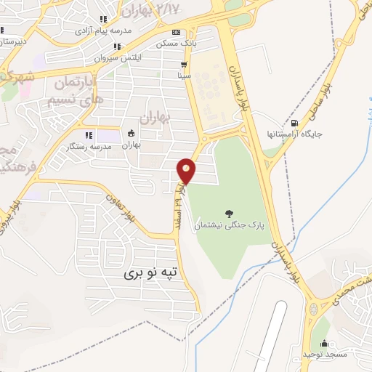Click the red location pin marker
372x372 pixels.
(x=187, y=170)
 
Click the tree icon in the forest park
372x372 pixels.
(x=230, y=214)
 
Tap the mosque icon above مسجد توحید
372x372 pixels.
(x=324, y=344)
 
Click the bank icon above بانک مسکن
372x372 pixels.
(x=177, y=33)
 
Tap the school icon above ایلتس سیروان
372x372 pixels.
(x=117, y=46)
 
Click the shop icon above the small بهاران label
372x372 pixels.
(x=130, y=133)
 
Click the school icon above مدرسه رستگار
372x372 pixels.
(x=89, y=134)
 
